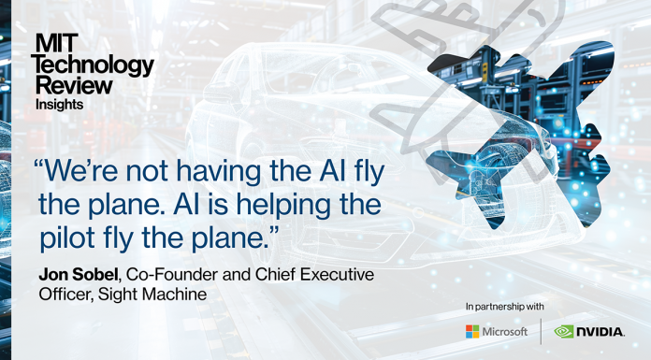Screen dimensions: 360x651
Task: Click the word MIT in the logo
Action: (51, 42)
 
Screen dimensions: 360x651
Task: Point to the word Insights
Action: (59, 105)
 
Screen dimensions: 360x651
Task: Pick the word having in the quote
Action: (218, 175)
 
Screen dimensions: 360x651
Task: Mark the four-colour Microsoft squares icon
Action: (472, 332)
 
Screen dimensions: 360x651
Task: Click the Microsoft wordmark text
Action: (505, 332)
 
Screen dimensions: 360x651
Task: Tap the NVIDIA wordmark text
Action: (601, 332)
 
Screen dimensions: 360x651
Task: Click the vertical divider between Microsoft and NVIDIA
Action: (541, 332)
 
